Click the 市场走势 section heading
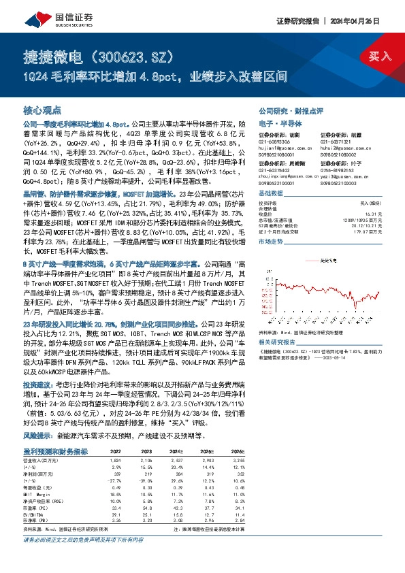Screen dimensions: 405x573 pyautogui.click(x=271, y=242)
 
